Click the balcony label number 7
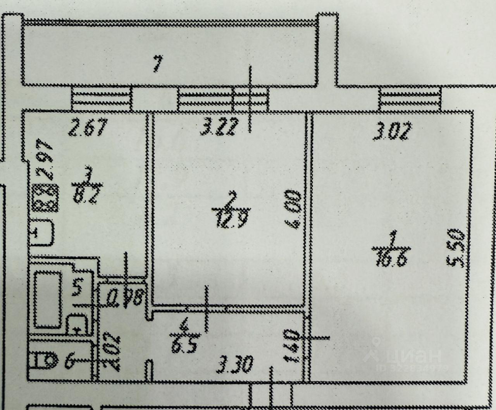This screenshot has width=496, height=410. (157, 64)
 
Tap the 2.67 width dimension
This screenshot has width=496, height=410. (86, 129)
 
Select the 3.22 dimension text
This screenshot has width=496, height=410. (217, 129)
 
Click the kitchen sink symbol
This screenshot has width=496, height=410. (43, 232)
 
